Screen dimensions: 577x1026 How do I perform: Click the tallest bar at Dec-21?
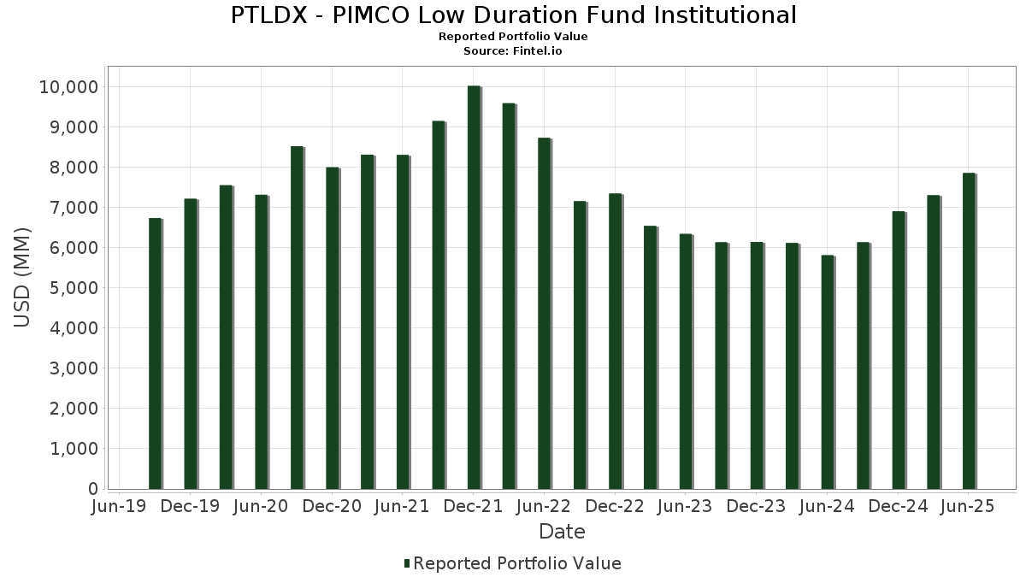[x=474, y=287]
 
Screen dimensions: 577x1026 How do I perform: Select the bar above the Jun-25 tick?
[x=968, y=331]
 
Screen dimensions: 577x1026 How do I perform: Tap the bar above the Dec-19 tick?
[x=190, y=344]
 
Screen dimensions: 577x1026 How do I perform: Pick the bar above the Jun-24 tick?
[x=827, y=372]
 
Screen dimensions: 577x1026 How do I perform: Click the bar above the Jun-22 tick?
[x=544, y=313]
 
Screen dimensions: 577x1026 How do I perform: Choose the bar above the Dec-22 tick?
[x=615, y=341]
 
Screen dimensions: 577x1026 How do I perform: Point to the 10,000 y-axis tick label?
[x=68, y=87]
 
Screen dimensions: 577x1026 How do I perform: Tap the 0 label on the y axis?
[x=93, y=489]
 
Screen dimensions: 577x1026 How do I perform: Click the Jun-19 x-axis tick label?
[x=119, y=506]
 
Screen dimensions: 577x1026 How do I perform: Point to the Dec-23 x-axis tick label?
[x=756, y=506]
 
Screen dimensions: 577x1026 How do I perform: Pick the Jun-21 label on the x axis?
[x=402, y=506]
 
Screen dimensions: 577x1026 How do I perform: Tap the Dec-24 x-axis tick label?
[x=898, y=506]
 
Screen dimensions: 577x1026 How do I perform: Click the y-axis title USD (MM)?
[x=23, y=277]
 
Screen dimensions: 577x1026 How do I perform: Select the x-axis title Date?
[x=562, y=532]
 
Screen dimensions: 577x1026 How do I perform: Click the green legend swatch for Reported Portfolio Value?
[x=407, y=563]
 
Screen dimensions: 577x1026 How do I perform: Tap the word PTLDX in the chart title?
[x=265, y=15]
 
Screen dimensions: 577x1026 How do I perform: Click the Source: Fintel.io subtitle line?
[x=513, y=51]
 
